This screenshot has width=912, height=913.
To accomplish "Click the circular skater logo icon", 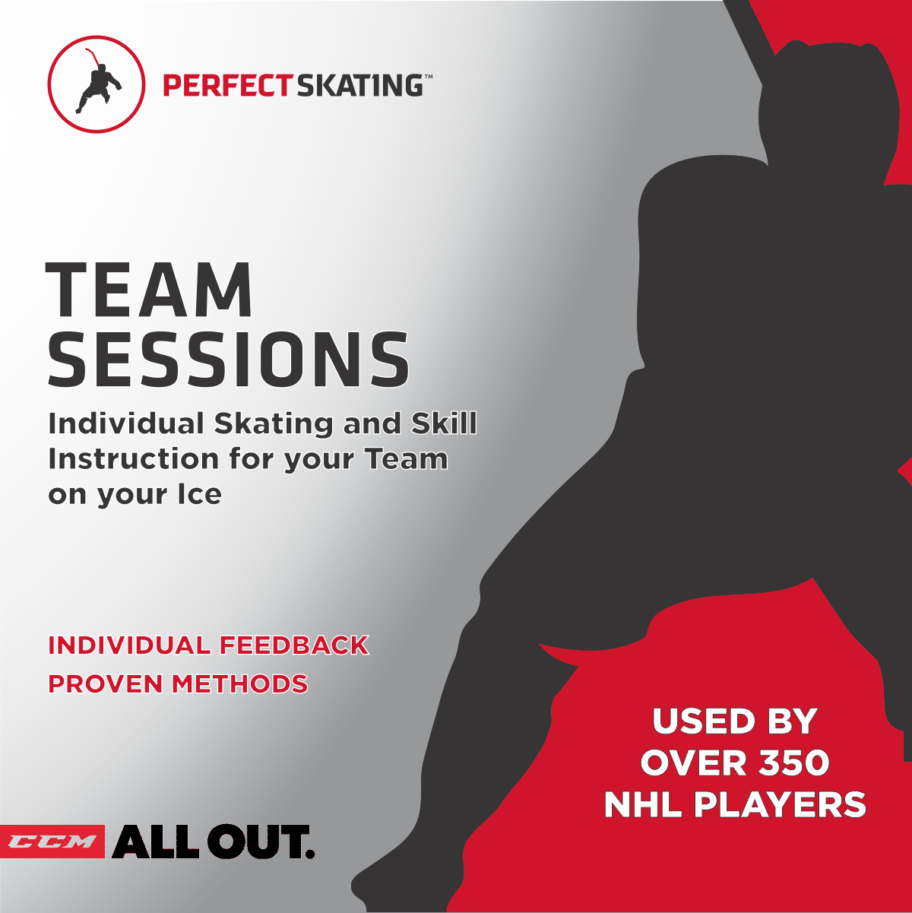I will pyautogui.click(x=96, y=84).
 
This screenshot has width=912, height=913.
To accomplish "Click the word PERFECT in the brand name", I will pyautogui.click(x=226, y=86).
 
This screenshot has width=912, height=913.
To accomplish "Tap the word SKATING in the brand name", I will pyautogui.click(x=359, y=86).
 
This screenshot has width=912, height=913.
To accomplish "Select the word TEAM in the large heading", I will pyautogui.click(x=149, y=290).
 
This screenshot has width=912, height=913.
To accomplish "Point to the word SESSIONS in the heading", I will pyautogui.click(x=228, y=359).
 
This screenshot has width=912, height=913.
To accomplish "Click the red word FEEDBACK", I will pyautogui.click(x=294, y=645).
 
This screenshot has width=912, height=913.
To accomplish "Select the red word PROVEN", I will pyautogui.click(x=106, y=683).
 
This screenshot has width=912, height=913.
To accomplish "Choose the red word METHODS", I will pyautogui.click(x=239, y=683).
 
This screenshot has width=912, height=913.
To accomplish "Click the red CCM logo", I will pyautogui.click(x=52, y=842).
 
